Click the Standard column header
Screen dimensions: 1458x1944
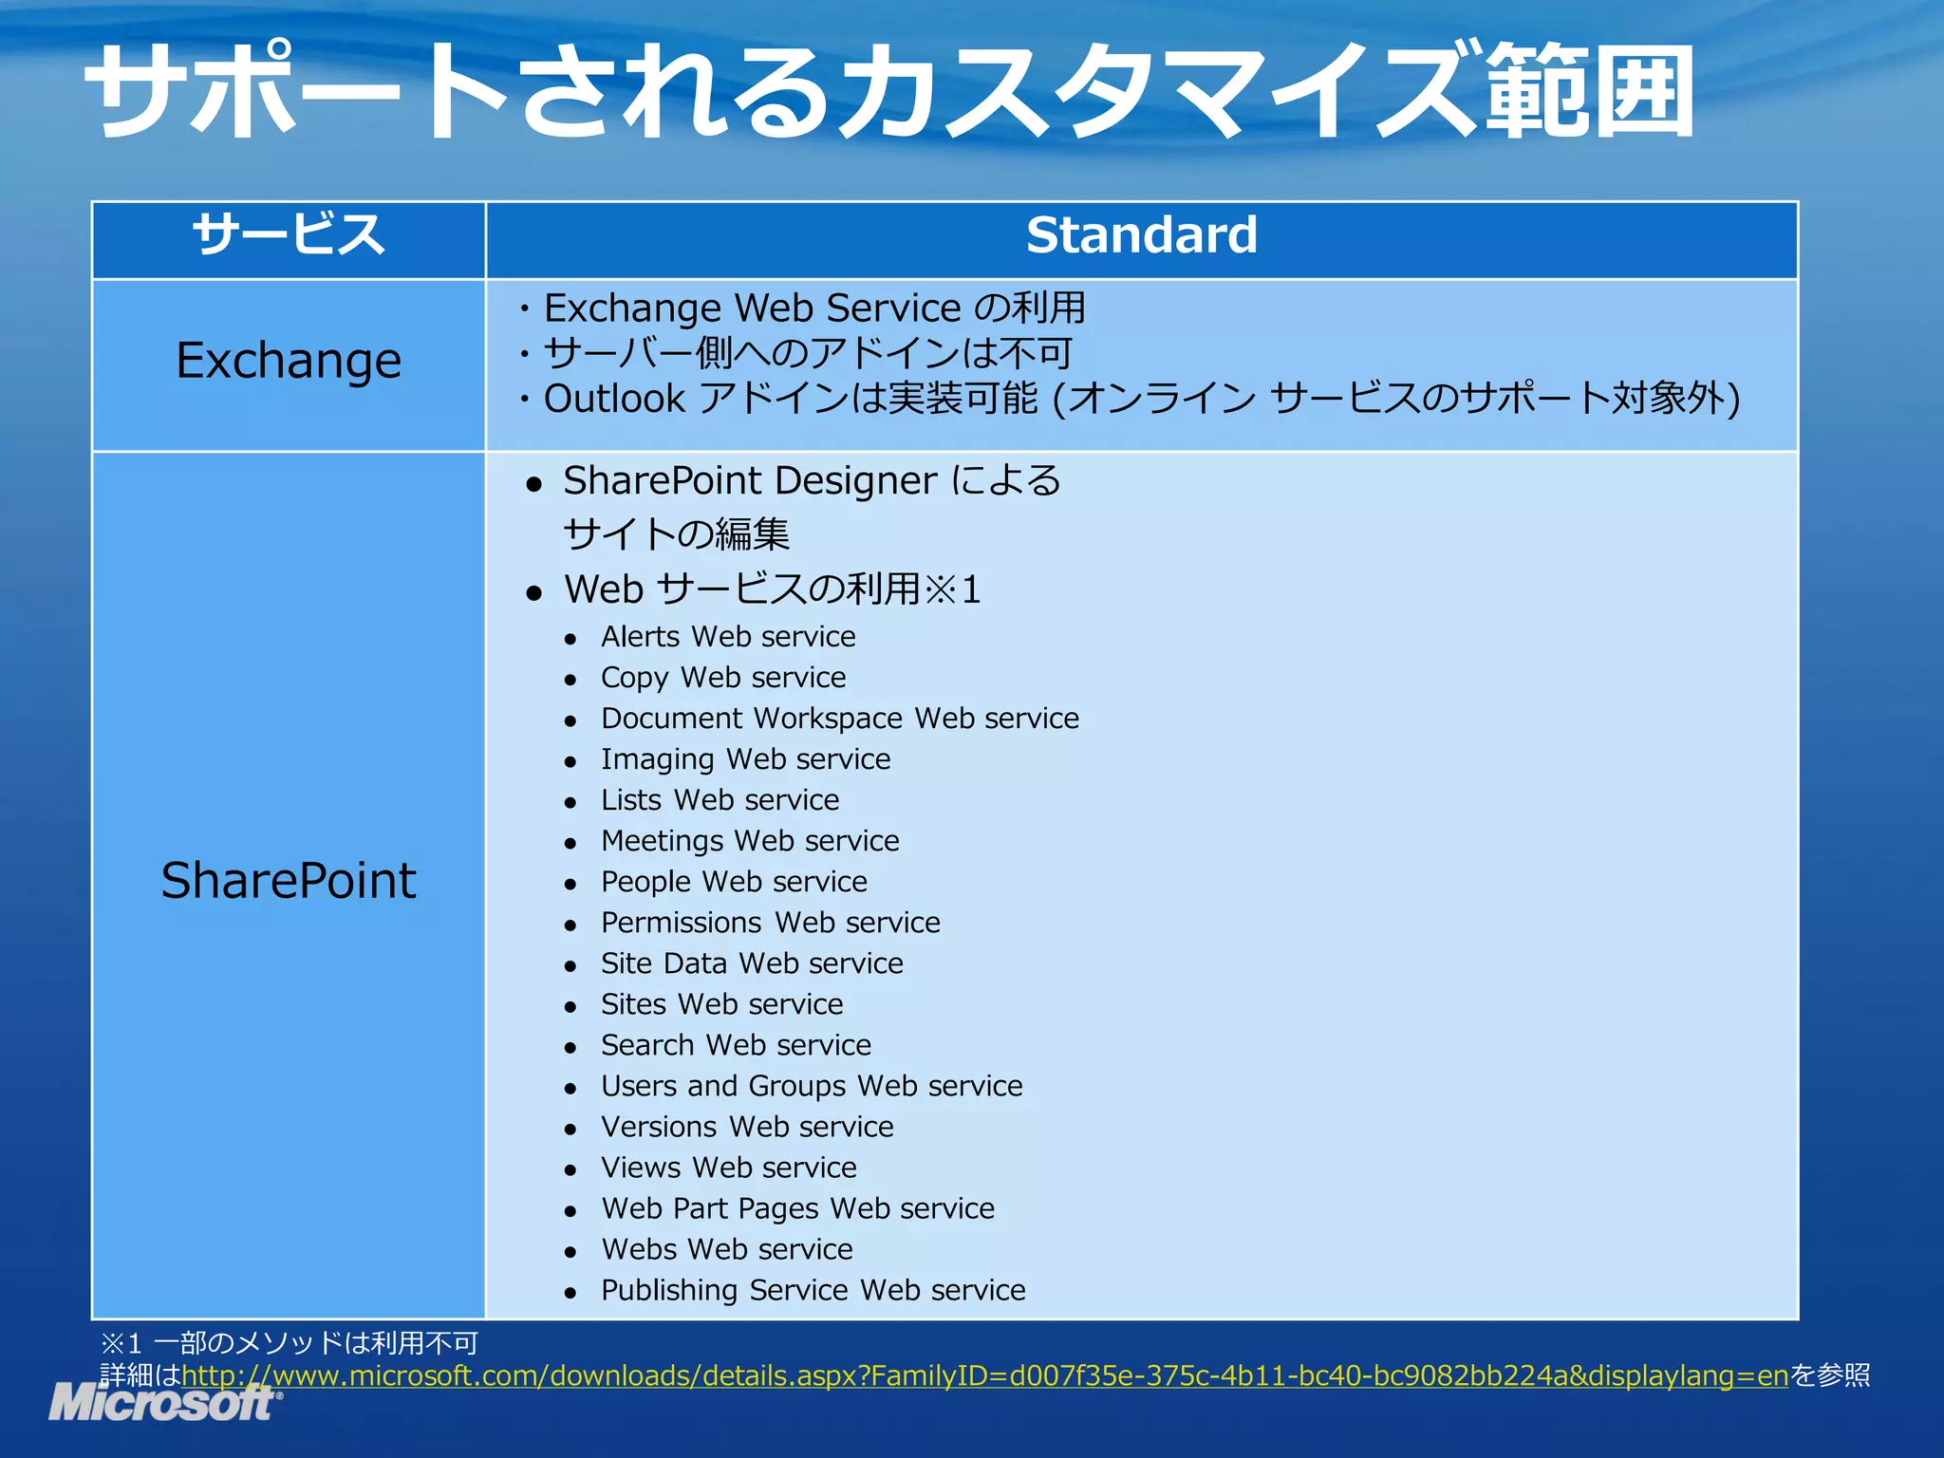click(1141, 235)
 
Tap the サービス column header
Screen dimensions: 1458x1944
click(289, 235)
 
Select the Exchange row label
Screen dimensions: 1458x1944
click(289, 361)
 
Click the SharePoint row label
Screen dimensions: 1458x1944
click(289, 881)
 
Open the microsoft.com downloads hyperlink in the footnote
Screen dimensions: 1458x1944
click(984, 1375)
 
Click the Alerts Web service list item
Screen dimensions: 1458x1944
click(728, 637)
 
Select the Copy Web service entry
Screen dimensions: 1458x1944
click(723, 678)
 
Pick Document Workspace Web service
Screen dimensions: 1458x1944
click(840, 719)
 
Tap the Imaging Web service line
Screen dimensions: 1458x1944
click(746, 759)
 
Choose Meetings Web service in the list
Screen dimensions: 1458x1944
click(750, 841)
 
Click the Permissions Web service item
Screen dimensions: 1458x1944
click(771, 923)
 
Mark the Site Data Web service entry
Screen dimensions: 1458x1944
click(752, 963)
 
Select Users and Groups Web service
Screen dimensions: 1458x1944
click(812, 1086)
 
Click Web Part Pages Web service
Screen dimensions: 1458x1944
click(798, 1208)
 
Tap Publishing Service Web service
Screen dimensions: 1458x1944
click(813, 1290)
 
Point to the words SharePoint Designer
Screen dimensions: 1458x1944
click(750, 481)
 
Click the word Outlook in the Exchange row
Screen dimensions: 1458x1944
click(614, 400)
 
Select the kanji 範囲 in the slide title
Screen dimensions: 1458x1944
click(1590, 93)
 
